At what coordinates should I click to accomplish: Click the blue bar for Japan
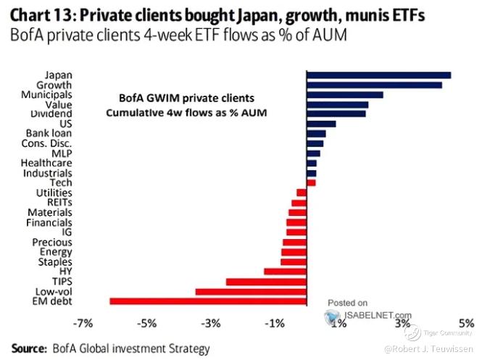pyautogui.click(x=378, y=75)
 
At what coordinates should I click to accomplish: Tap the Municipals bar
pyautogui.click(x=344, y=94)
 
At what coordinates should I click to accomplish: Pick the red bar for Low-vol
pyautogui.click(x=251, y=291)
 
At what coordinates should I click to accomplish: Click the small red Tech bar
pyautogui.click(x=311, y=183)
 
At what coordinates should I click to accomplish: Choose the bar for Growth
pyautogui.click(x=374, y=85)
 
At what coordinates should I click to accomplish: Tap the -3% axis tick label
pyautogui.click(x=211, y=323)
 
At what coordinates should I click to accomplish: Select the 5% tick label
pyautogui.click(x=466, y=323)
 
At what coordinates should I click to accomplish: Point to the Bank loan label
pyautogui.click(x=49, y=133)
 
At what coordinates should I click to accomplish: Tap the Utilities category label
pyautogui.click(x=54, y=193)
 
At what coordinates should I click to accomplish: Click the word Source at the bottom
pyautogui.click(x=26, y=348)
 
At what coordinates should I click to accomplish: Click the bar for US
pyautogui.click(x=321, y=124)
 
